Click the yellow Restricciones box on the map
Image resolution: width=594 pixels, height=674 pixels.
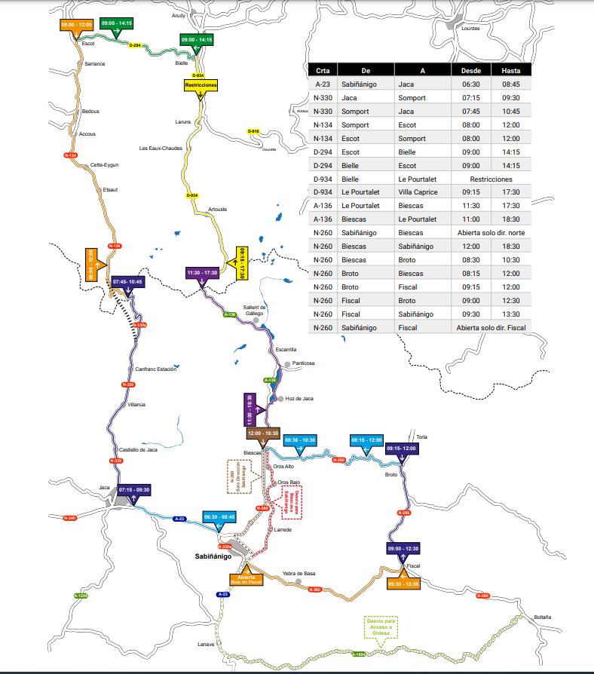pyautogui.click(x=201, y=85)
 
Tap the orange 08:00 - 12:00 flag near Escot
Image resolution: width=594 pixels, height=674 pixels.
pyautogui.click(x=75, y=24)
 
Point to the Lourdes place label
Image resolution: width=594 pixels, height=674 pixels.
pyautogui.click(x=470, y=29)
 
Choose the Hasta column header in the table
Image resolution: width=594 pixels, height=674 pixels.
pyautogui.click(x=510, y=70)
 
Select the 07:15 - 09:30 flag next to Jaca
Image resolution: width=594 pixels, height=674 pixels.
pyautogui.click(x=134, y=490)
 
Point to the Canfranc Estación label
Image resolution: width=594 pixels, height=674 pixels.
pyautogui.click(x=155, y=369)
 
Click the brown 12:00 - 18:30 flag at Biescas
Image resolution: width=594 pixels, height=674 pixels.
pyautogui.click(x=262, y=434)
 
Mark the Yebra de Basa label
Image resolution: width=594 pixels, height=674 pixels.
pyautogui.click(x=299, y=573)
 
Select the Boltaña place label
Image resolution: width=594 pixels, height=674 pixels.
pyautogui.click(x=542, y=617)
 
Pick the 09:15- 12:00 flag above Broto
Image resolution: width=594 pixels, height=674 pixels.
pyautogui.click(x=400, y=449)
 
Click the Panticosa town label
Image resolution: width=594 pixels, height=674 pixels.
pyautogui.click(x=304, y=363)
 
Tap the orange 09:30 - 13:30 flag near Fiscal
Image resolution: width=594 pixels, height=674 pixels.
pyautogui.click(x=403, y=584)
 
